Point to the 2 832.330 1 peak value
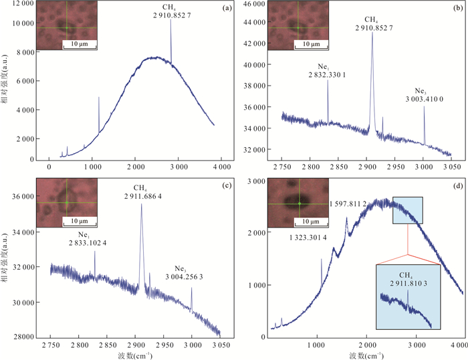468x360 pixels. [327, 75]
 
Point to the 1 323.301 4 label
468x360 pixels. [308, 237]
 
